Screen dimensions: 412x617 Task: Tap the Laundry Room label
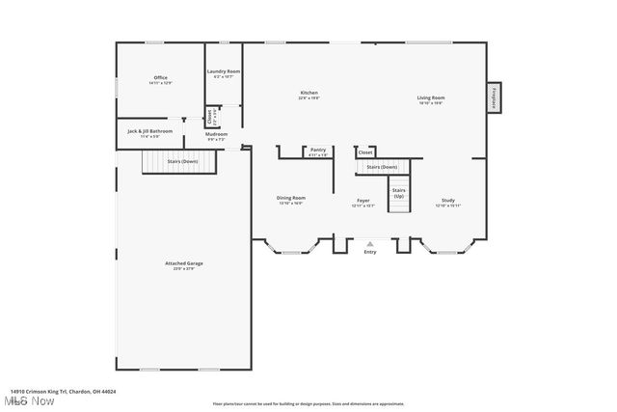coord(224,72)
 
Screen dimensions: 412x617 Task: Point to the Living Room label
coord(431,98)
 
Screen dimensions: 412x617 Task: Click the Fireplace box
coord(494,96)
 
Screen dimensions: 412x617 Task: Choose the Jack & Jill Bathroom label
coord(149,131)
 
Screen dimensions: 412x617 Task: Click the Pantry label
coord(318,151)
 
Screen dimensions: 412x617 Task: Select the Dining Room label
coord(291,200)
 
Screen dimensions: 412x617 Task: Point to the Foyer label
coord(363,202)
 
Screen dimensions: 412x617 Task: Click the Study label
coord(448,201)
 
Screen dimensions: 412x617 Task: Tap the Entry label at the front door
coord(370,253)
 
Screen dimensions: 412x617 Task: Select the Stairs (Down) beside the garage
coord(176,162)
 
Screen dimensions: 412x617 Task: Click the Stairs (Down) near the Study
coord(382,168)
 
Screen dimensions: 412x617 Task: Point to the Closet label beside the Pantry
coord(365,152)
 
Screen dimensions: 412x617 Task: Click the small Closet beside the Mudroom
coord(210,117)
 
